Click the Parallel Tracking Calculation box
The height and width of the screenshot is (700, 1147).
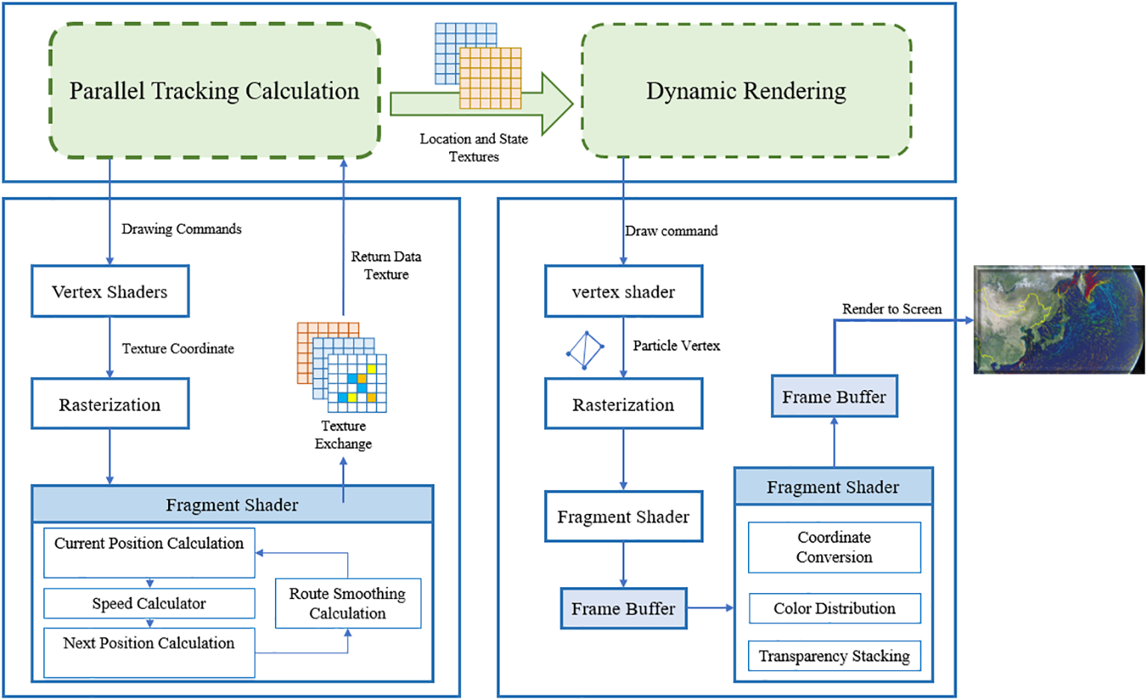coord(214,91)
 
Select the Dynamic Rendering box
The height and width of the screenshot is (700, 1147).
coord(746,91)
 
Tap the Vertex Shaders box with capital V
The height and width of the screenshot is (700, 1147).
coord(110,291)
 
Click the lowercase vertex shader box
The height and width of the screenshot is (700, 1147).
coord(623,291)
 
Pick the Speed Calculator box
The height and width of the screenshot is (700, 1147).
coord(149,604)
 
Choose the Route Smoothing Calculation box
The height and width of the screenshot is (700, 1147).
coord(347,604)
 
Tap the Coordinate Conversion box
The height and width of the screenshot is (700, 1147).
coord(834,548)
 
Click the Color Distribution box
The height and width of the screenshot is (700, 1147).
coord(834,608)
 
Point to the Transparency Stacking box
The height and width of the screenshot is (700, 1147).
coord(834,656)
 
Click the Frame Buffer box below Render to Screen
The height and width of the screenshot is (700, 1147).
coord(834,397)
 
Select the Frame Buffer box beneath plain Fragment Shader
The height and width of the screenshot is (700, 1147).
coord(623,608)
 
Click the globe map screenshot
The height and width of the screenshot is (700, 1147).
coord(1058,320)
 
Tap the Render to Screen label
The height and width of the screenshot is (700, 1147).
coord(891,309)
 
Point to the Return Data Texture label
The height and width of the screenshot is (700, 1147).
coord(386,265)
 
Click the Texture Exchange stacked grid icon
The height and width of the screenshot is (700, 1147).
coord(342,367)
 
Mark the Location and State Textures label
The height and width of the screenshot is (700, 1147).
coord(474,148)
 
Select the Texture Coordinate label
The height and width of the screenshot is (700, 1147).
coord(178,349)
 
